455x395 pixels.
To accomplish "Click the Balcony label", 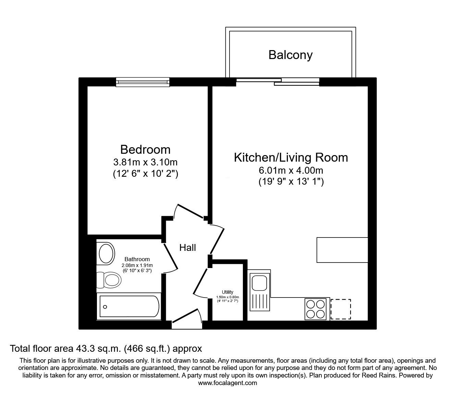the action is click(290, 55).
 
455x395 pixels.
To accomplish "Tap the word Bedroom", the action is click(145, 150).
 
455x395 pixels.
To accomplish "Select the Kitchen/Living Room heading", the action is click(291, 158).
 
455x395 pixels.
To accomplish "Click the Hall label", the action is click(187, 248).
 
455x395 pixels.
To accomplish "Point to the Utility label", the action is click(227, 292).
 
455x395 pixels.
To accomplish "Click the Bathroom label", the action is click(137, 259).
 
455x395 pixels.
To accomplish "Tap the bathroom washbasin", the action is click(107, 254).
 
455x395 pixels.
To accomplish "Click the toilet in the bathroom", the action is click(109, 280).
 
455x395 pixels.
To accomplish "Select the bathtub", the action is click(129, 307).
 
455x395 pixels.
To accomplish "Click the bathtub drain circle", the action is click(105, 307).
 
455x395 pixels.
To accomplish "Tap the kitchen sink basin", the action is click(259, 283).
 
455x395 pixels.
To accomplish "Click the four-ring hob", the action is click(316, 309).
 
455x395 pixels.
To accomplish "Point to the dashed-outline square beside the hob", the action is click(341, 309).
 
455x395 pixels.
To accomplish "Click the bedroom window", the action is click(143, 82).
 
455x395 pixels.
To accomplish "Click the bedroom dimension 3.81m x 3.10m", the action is click(145, 162).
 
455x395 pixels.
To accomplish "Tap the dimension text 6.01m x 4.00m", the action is click(291, 170).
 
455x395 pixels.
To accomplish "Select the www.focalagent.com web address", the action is click(227, 383).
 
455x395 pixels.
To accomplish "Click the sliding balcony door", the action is click(278, 82).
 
